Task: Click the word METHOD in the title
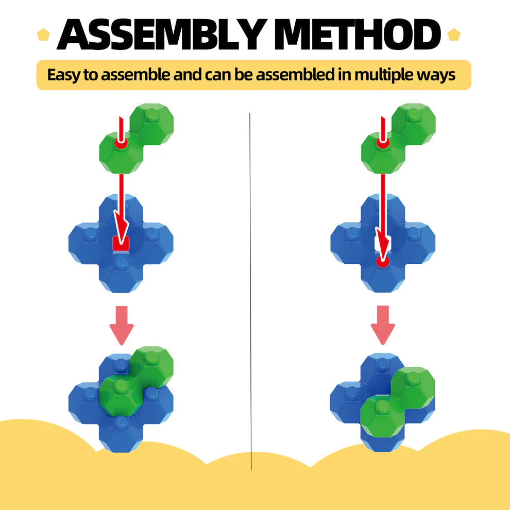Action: pos(356,36)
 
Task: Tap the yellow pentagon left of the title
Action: pos(43,36)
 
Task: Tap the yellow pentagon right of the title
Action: pos(453,36)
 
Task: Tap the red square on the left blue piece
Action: pos(121,243)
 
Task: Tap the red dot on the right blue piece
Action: pos(382,262)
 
